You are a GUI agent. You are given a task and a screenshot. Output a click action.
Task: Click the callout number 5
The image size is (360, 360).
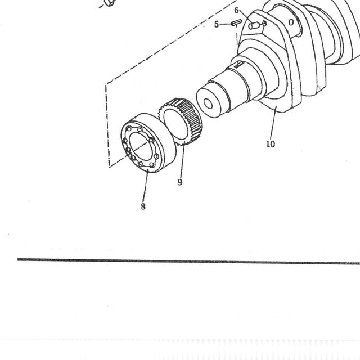[x=216, y=24]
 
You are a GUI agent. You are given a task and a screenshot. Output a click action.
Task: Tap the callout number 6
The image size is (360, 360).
[x=236, y=11]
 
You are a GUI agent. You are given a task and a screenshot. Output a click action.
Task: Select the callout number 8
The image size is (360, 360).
[x=143, y=206]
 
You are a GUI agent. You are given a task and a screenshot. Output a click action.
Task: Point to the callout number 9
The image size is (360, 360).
[x=180, y=182]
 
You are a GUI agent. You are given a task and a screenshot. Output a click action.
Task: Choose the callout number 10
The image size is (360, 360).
[x=271, y=144]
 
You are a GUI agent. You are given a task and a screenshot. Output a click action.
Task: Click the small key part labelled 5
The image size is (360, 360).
[x=236, y=22]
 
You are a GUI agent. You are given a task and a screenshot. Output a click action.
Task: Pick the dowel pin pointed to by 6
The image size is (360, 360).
[x=254, y=25]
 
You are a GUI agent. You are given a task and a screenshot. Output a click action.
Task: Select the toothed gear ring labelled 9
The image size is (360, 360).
[x=180, y=121]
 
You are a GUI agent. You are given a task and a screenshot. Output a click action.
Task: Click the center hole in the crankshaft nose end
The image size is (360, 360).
[x=208, y=103]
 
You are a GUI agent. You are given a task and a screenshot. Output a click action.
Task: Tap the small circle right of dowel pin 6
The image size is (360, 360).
[x=264, y=23]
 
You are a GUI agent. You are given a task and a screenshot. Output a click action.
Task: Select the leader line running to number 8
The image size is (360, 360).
[x=145, y=186]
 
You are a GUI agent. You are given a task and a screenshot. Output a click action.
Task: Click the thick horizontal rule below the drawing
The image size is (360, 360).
[x=189, y=261]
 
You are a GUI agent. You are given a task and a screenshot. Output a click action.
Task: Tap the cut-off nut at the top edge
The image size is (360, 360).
[x=110, y=3]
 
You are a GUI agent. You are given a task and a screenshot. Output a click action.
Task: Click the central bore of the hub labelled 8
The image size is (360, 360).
[x=141, y=147]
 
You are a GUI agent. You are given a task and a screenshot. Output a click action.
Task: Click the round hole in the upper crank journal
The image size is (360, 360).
[x=291, y=22]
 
